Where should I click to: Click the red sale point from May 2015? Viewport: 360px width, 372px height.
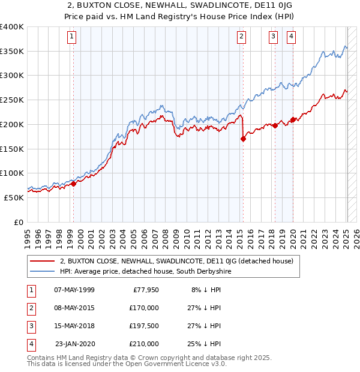243,139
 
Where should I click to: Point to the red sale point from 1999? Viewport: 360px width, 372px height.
73,184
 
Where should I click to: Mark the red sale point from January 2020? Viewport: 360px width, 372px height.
293,119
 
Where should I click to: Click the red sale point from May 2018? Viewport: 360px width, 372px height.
275,125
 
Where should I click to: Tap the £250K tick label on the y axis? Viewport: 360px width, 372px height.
11,100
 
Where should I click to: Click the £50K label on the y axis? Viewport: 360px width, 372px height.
14,197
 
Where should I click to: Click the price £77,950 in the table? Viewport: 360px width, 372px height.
146,290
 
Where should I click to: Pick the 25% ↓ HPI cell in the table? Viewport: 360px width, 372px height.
206,344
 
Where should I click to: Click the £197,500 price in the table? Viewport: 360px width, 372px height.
143,326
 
